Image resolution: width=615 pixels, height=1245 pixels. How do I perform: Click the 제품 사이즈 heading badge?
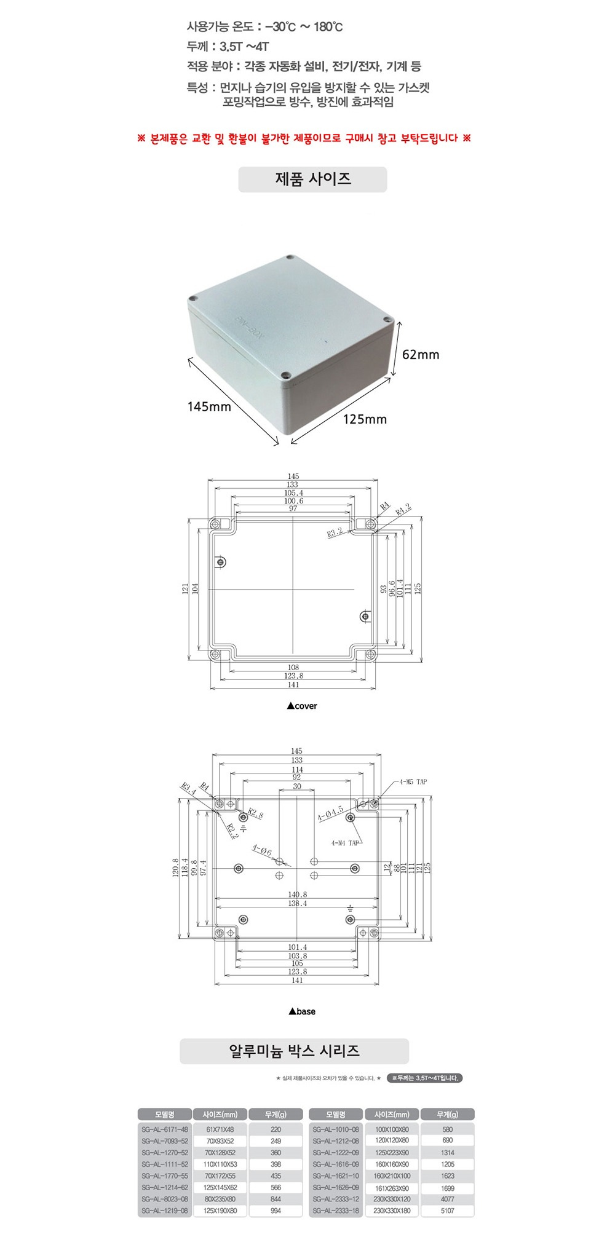tap(312, 179)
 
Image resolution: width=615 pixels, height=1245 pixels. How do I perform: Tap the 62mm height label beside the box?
tap(421, 355)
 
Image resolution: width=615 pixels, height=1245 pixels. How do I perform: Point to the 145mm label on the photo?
tap(209, 407)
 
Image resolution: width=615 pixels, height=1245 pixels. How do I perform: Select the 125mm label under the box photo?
tap(365, 419)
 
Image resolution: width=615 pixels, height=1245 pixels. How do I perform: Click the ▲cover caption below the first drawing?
tap(302, 706)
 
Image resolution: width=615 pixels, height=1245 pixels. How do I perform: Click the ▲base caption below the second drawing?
tap(302, 1011)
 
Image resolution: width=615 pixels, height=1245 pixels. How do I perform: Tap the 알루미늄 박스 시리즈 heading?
tap(294, 1051)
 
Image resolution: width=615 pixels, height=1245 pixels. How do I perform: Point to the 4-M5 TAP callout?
tap(413, 782)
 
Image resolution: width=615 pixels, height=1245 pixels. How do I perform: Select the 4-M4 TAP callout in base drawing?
tap(344, 843)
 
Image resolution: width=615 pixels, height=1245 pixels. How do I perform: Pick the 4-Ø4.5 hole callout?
tap(330, 814)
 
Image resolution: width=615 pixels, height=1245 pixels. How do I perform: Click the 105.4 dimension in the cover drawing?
tap(293, 493)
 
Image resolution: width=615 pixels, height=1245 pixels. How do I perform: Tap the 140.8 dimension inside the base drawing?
tap(297, 895)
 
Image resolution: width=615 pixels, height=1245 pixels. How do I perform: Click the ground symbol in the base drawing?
tap(350, 908)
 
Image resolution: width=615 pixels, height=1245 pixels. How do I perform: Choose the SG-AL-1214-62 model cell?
tap(165, 1187)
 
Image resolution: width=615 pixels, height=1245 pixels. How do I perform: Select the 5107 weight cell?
tap(447, 1211)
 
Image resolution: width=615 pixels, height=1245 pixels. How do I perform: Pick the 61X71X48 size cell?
tap(220, 1129)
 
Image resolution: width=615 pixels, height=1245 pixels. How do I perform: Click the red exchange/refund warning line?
tap(304, 138)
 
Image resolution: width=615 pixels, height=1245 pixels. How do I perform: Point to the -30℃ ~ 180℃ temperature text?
tap(304, 27)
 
